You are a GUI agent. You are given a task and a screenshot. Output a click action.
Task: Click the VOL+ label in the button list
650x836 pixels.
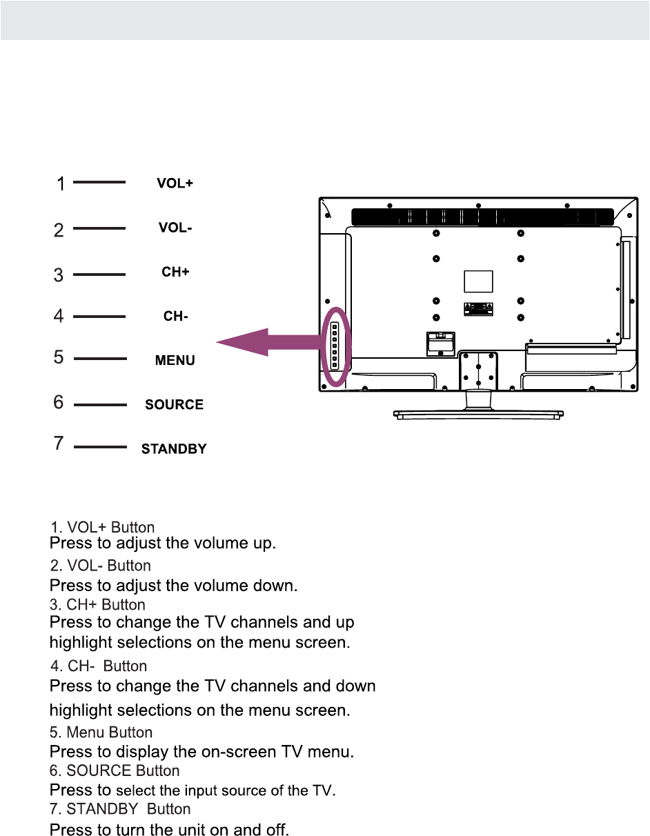175,184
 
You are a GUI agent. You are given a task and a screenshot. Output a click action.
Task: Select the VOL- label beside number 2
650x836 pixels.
175,228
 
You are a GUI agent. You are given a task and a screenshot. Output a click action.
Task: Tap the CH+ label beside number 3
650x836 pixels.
175,272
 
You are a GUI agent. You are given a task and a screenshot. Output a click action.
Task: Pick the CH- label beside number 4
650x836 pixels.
175,317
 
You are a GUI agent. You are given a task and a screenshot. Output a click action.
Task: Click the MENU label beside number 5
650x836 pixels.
175,361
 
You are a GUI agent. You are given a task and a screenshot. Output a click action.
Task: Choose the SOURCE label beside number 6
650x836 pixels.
174,405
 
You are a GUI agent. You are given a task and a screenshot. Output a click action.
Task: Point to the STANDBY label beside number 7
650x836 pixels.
174,449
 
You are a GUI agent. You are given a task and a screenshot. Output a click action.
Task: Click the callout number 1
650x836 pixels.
61,184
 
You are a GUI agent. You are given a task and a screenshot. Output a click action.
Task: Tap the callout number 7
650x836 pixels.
60,444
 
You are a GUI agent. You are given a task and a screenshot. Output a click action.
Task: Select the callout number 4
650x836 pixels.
60,316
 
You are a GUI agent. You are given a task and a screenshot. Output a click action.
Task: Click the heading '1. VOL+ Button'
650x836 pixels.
102,528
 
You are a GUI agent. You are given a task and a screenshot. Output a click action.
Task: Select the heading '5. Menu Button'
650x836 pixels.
101,732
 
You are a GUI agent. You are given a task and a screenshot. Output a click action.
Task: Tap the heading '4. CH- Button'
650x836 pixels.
99,666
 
